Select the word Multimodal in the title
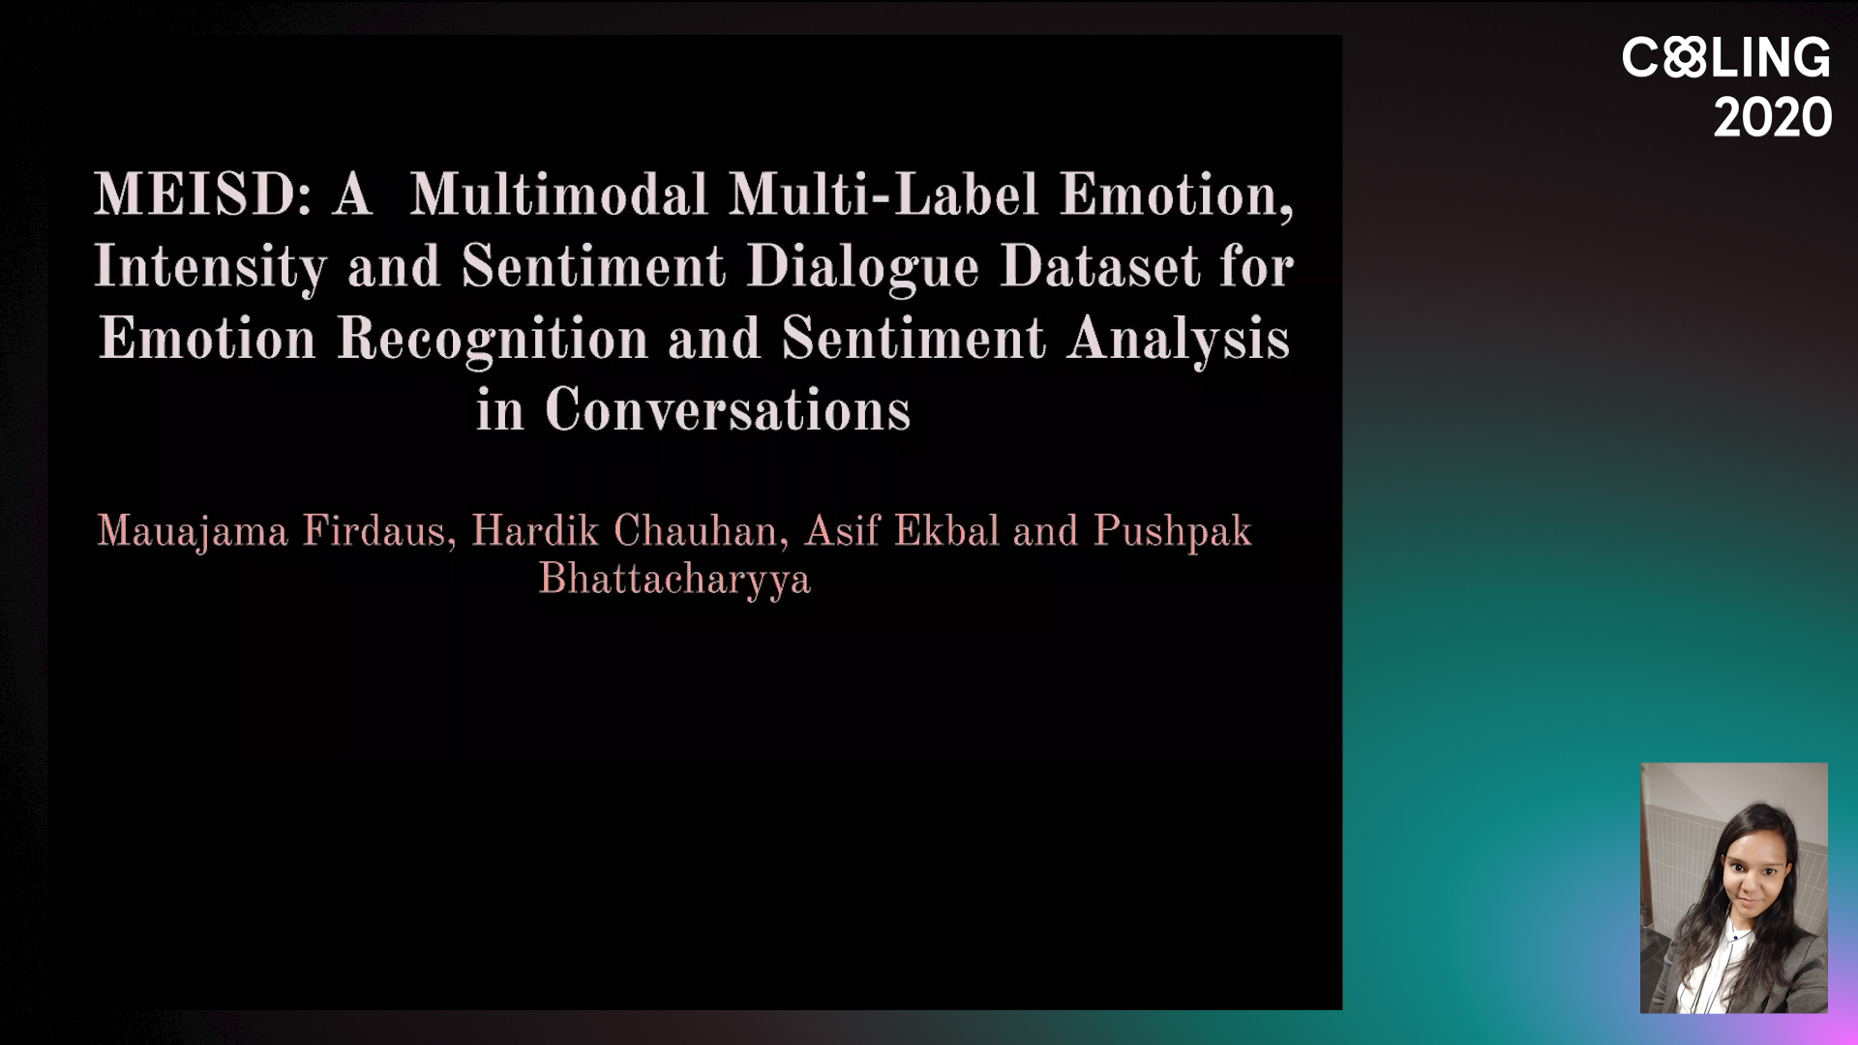[x=558, y=194]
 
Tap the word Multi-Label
[x=884, y=194]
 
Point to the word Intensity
[x=210, y=267]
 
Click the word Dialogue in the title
[x=862, y=267]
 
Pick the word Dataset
[x=1099, y=266]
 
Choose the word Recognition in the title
[x=492, y=340]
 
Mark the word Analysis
[x=1179, y=340]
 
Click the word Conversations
[x=728, y=410]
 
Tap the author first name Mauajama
[x=193, y=532]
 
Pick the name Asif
[x=842, y=530]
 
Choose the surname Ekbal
[x=946, y=530]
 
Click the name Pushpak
[x=1172, y=531]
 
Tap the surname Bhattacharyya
[x=674, y=580]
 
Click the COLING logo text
[x=1726, y=58]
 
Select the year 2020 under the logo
[x=1773, y=118]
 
